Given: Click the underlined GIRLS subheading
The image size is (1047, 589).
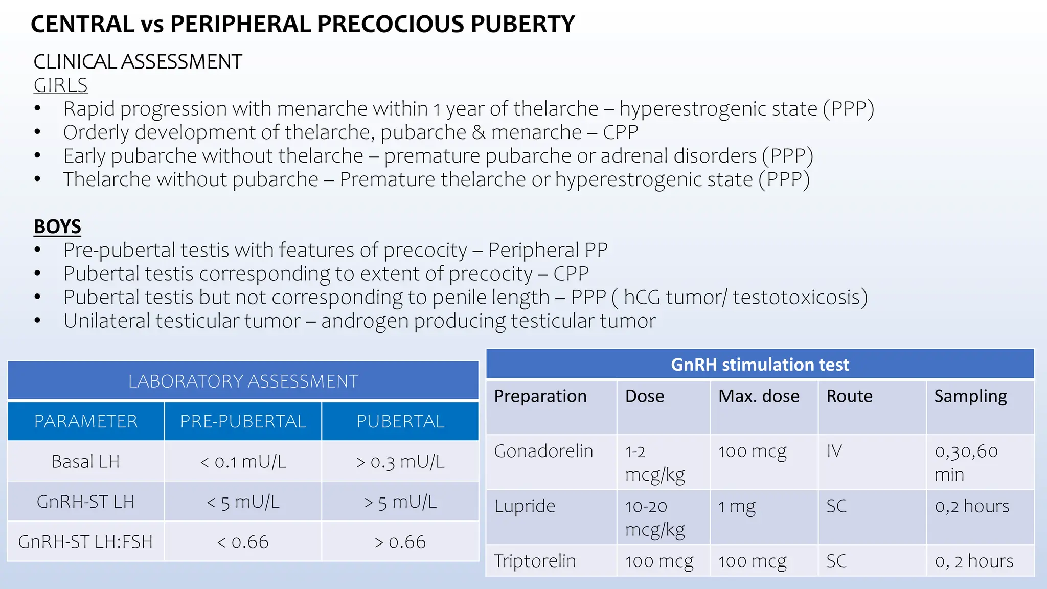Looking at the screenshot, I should tap(60, 85).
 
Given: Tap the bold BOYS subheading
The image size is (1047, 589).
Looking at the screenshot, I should tap(57, 226).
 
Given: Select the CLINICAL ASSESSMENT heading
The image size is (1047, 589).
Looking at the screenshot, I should tap(138, 62).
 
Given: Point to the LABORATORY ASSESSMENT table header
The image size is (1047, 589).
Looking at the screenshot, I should tap(243, 381).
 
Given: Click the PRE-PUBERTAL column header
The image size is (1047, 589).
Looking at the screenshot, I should tap(243, 421).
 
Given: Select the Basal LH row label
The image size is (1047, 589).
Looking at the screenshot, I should tap(85, 462).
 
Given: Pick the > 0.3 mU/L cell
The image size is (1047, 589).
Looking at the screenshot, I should tap(400, 462).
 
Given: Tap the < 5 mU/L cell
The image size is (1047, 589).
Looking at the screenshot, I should tap(243, 502).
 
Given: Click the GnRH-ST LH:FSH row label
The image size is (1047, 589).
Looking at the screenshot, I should tap(85, 542).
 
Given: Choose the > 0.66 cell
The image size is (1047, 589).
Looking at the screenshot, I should tap(400, 542).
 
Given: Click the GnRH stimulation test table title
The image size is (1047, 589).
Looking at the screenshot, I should tap(760, 365).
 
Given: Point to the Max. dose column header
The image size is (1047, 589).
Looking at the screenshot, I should tap(759, 396).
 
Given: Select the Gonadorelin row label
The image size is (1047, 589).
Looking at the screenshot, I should tap(543, 451).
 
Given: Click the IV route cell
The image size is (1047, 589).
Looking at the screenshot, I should tap(834, 451).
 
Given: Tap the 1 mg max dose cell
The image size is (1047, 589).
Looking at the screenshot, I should tap(737, 506).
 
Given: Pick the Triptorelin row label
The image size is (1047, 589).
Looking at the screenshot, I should tap(535, 561).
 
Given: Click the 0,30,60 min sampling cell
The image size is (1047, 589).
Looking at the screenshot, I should tap(966, 462).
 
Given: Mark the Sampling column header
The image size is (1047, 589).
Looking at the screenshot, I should tap(970, 396).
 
